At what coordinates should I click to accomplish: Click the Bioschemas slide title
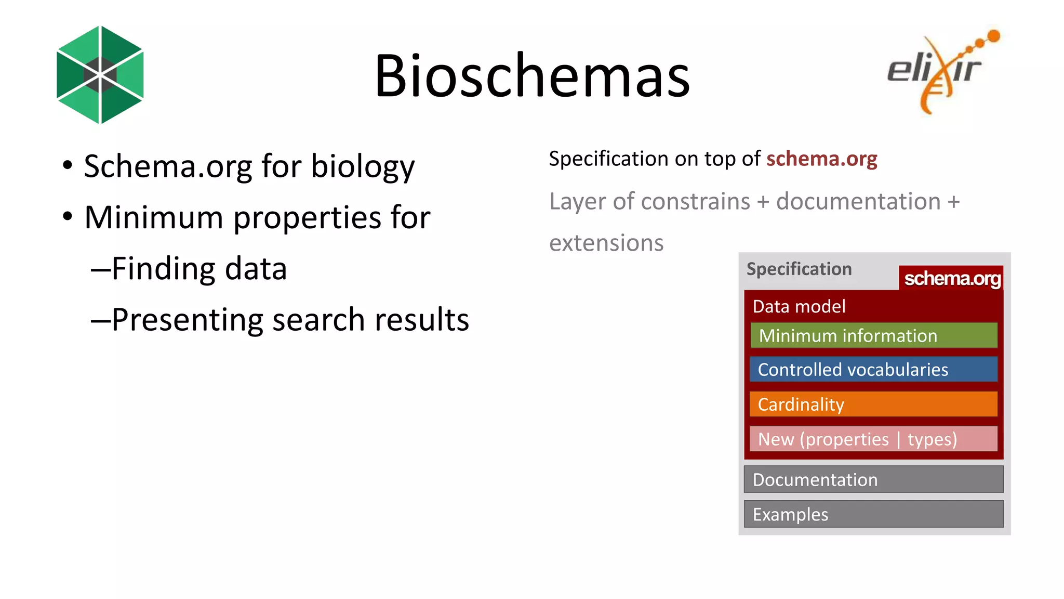(532, 76)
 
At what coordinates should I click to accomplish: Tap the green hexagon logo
(100, 75)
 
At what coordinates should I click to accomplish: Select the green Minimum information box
(873, 335)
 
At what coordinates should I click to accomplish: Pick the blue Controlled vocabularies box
(873, 369)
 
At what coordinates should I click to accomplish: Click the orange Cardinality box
(873, 404)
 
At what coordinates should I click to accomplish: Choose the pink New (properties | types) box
(873, 439)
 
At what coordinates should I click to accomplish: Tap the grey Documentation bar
(873, 479)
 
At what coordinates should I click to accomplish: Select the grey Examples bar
(873, 514)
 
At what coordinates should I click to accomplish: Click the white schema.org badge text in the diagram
(952, 279)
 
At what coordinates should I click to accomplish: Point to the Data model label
(799, 306)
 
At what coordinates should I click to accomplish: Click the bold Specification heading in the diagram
(799, 269)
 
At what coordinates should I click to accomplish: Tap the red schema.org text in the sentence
(821, 159)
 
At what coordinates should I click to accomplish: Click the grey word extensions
(606, 243)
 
